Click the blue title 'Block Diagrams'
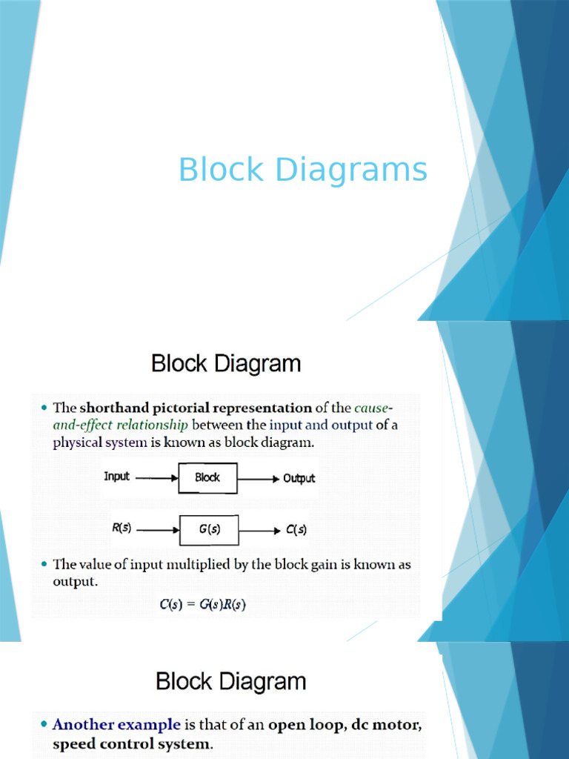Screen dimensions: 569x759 [303, 170]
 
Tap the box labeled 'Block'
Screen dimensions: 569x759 [207, 478]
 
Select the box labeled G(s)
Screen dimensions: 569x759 [209, 530]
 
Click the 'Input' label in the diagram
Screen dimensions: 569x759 [116, 477]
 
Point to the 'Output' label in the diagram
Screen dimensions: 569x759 [299, 478]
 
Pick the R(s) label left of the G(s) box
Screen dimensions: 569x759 [122, 528]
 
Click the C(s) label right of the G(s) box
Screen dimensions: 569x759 [296, 529]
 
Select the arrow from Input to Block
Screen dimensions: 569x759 [157, 478]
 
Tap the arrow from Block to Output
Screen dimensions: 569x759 [259, 480]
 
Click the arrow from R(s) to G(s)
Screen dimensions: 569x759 [159, 530]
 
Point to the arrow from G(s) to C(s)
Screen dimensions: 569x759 [260, 531]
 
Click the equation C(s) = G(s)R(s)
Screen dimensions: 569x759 [203, 605]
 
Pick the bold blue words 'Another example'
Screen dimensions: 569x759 [116, 725]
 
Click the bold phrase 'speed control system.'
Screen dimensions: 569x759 [133, 744]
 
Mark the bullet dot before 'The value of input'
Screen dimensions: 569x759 [44, 564]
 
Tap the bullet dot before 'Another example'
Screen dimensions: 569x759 [44, 725]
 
